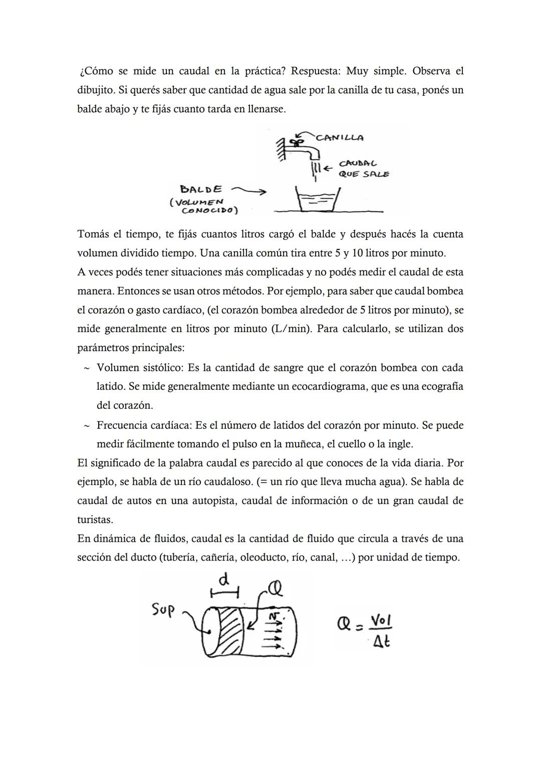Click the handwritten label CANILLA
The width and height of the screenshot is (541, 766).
(x=340, y=137)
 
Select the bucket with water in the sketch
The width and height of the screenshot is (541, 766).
(x=318, y=200)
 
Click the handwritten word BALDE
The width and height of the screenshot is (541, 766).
(x=201, y=189)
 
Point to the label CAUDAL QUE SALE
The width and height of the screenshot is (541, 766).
(x=363, y=169)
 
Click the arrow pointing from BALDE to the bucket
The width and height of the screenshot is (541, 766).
(x=248, y=191)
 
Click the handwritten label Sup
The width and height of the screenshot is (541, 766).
(x=163, y=609)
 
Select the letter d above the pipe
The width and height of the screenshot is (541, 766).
(x=225, y=580)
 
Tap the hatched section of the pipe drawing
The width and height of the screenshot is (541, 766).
(x=230, y=627)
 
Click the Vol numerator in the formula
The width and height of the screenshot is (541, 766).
(x=380, y=621)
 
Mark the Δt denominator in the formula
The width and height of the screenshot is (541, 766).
(x=381, y=641)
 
